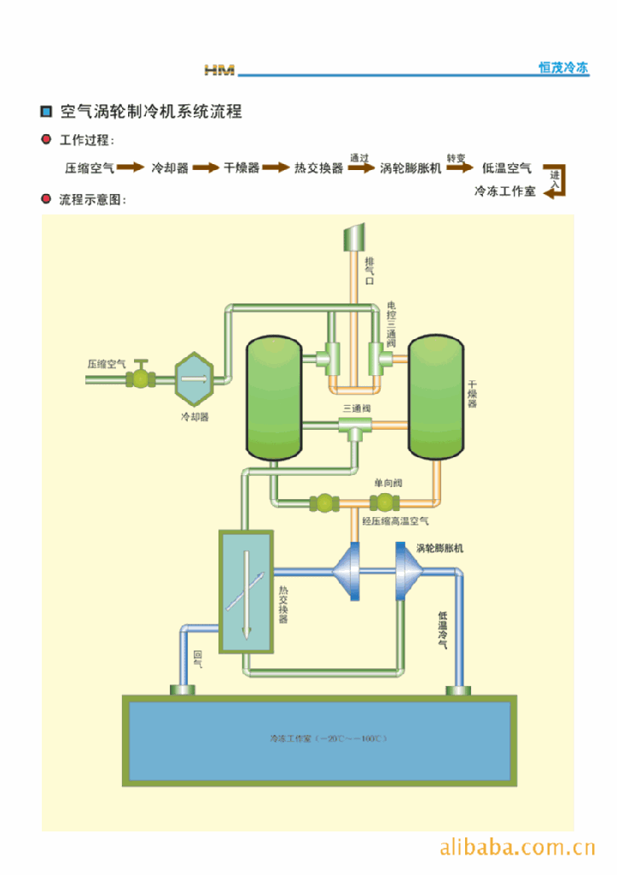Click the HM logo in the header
[x=219, y=69]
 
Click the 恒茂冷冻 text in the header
[x=563, y=68]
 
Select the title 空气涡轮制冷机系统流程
[x=151, y=111]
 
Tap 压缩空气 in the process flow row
[x=90, y=168]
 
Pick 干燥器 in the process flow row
[x=242, y=168]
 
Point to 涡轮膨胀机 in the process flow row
[x=410, y=168]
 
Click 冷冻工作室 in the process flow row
[x=505, y=192]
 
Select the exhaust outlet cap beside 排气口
[x=353, y=236]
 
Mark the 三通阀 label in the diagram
[x=357, y=408]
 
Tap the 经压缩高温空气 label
[x=395, y=520]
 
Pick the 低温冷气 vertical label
[x=442, y=630]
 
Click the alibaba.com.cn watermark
[x=517, y=849]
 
